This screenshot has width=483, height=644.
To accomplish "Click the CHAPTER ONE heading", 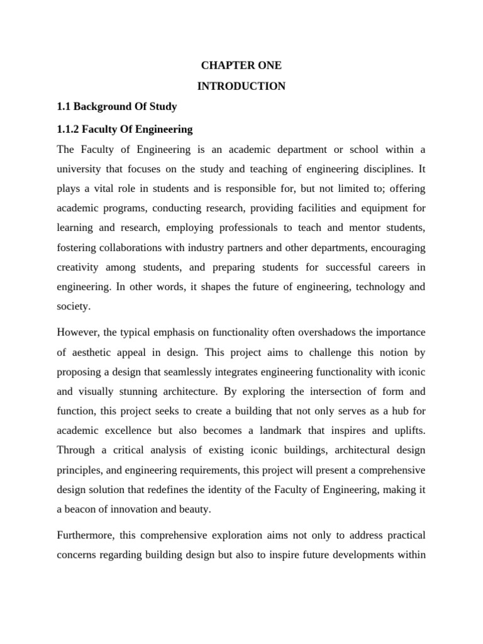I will [241, 65].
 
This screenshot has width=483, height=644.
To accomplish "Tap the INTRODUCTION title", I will [241, 86].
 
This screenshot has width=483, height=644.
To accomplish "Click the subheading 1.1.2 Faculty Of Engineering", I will [125, 129].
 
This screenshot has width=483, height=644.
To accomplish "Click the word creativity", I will [79, 267].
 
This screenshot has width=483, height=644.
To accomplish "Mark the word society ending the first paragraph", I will [73, 308].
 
